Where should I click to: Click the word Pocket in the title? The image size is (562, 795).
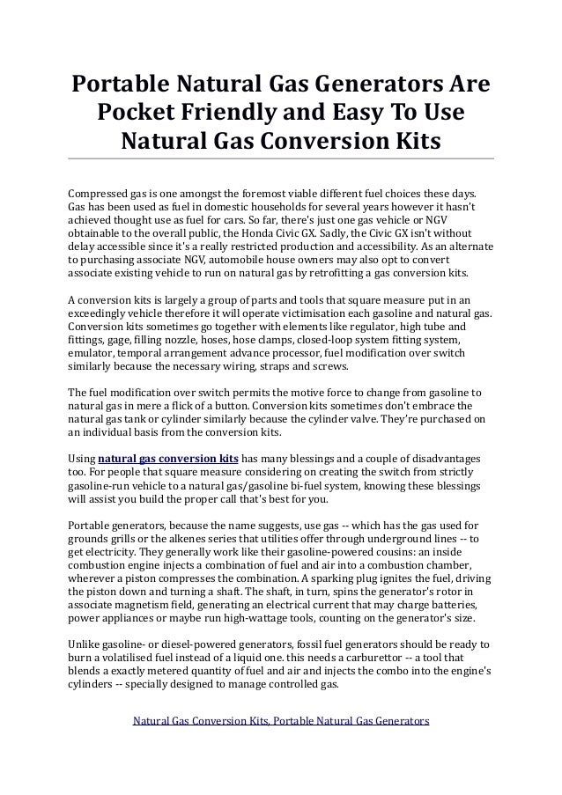144,113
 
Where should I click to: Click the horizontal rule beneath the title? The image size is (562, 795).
281,158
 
